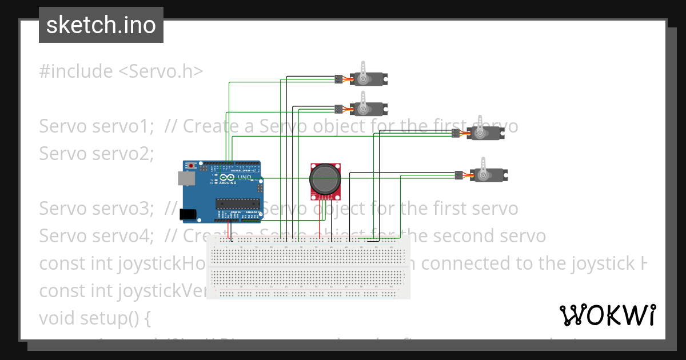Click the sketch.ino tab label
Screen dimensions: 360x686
[101, 25]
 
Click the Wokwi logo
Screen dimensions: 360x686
[607, 315]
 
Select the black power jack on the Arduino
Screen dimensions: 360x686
[188, 215]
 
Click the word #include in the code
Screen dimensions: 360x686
[76, 71]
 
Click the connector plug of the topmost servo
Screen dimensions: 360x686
[338, 78]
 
